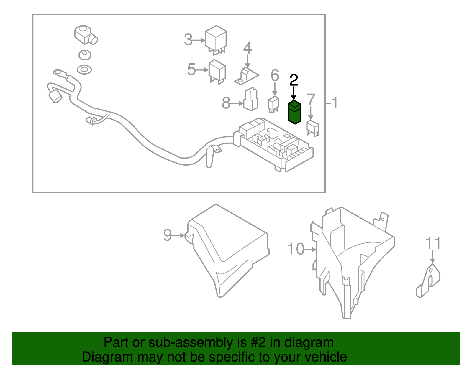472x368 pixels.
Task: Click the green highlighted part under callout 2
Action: tap(294, 113)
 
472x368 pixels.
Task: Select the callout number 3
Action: tap(188, 40)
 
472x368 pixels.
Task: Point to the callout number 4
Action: tap(247, 48)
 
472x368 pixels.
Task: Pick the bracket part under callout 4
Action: tap(246, 76)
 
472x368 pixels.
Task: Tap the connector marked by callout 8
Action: tap(251, 100)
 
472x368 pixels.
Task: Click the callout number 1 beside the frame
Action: tap(335, 103)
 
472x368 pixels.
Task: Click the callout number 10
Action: tap(296, 249)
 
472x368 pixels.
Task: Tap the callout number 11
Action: tap(433, 244)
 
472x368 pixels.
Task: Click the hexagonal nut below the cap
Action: tap(85, 55)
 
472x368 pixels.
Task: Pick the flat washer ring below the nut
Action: tap(84, 70)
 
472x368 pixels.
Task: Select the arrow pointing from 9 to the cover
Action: tap(178, 236)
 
